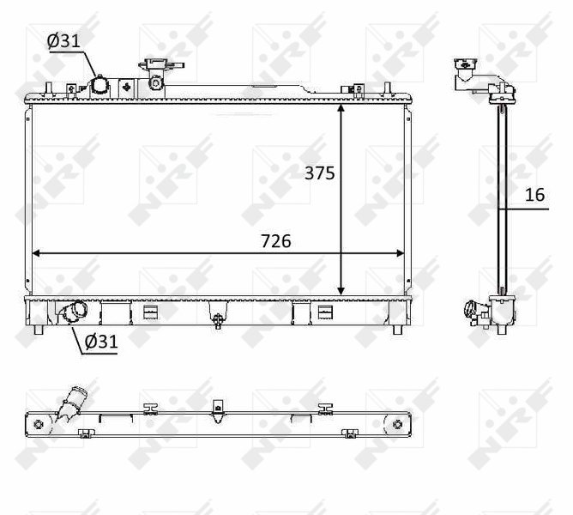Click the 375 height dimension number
(320, 173)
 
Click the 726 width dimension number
(276, 241)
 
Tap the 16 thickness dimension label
(534, 195)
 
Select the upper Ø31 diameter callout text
(63, 40)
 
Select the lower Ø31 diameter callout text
(101, 342)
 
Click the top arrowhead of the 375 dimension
(341, 107)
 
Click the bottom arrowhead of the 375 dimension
(341, 291)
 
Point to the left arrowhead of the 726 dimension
(37, 253)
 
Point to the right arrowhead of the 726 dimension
(400, 253)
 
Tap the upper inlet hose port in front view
(100, 87)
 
